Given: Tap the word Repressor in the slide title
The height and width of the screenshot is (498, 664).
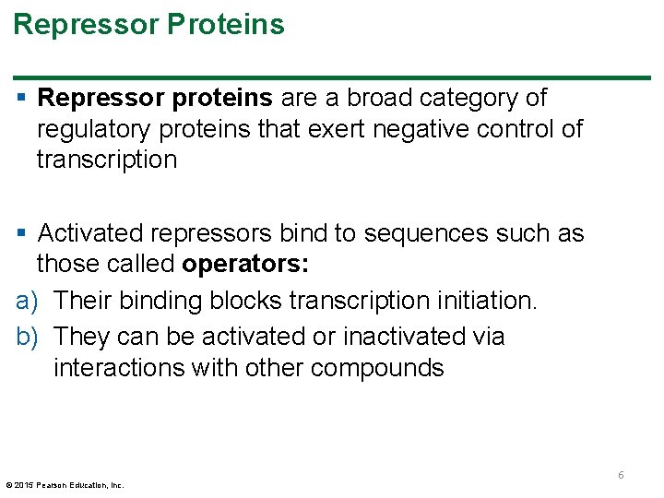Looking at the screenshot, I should click(86, 24).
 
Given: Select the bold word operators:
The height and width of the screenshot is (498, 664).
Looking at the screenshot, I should click(245, 265).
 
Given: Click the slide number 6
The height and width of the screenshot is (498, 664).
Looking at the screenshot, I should click(621, 475).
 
